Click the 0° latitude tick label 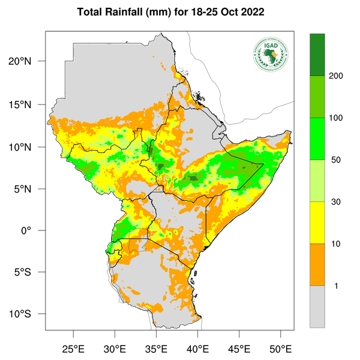(x=37, y=231)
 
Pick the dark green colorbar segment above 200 (x=317, y=55)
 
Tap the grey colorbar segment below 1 (x=317, y=307)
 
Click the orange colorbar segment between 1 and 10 (x=317, y=265)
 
